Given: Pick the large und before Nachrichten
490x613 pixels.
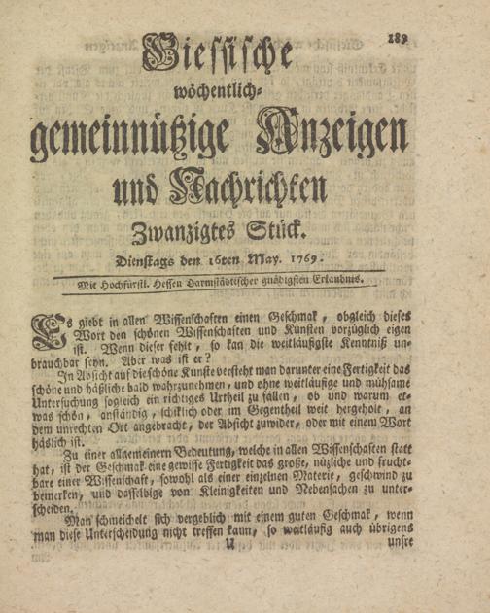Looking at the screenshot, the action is click(132, 187).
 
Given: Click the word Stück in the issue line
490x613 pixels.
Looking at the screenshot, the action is click(278, 231).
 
